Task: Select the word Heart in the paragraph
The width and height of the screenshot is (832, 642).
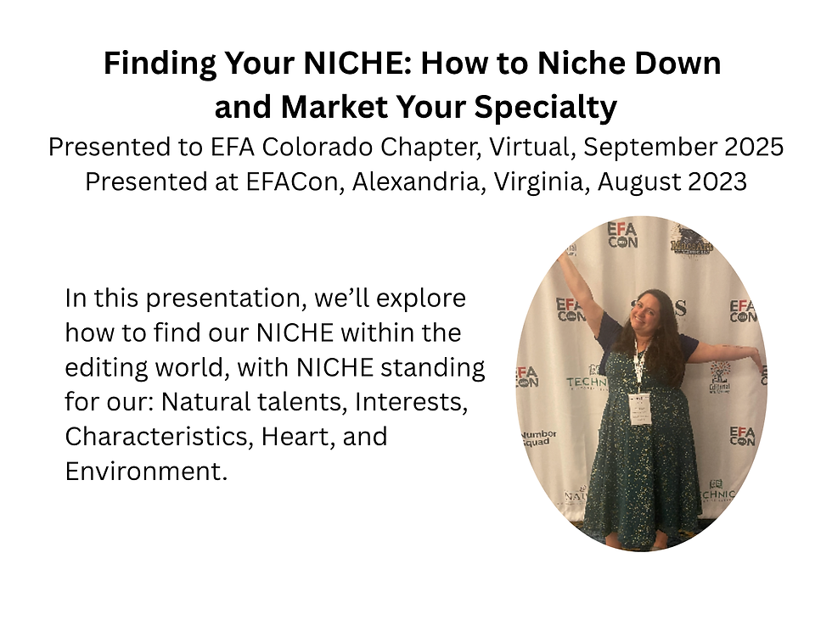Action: coord(304,436)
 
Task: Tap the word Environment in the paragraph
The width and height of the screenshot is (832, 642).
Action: coord(146,470)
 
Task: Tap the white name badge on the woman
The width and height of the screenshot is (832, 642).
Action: coord(639,407)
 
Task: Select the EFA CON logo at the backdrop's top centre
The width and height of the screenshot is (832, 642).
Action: coord(622,234)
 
